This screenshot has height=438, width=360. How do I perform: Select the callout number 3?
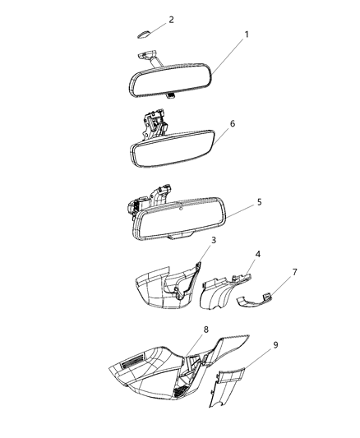coord(213,240)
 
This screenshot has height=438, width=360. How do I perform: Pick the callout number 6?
coord(233,123)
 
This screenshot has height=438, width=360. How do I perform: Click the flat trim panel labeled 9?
coord(229,387)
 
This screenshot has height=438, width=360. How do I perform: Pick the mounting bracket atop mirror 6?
coord(152,123)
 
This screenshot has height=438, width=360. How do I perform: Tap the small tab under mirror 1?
coord(168,96)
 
